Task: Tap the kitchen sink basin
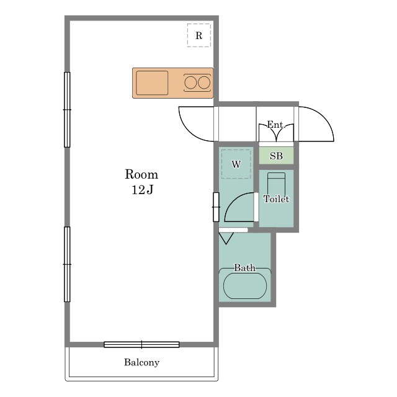coord(152,83)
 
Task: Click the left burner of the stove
coord(190,83)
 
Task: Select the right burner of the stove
coord(204,83)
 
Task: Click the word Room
coord(141,174)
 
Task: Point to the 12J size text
coord(142,190)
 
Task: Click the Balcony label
coord(141,362)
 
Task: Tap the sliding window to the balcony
coord(141,344)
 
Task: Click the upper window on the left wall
coord(67,110)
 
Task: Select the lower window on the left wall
coord(67,264)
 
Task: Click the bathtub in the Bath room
coord(245,285)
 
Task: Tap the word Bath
coord(244,267)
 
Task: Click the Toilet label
coord(276,199)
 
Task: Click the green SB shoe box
coord(276,156)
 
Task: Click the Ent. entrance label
coord(276,125)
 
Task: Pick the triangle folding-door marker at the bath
coord(226,238)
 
